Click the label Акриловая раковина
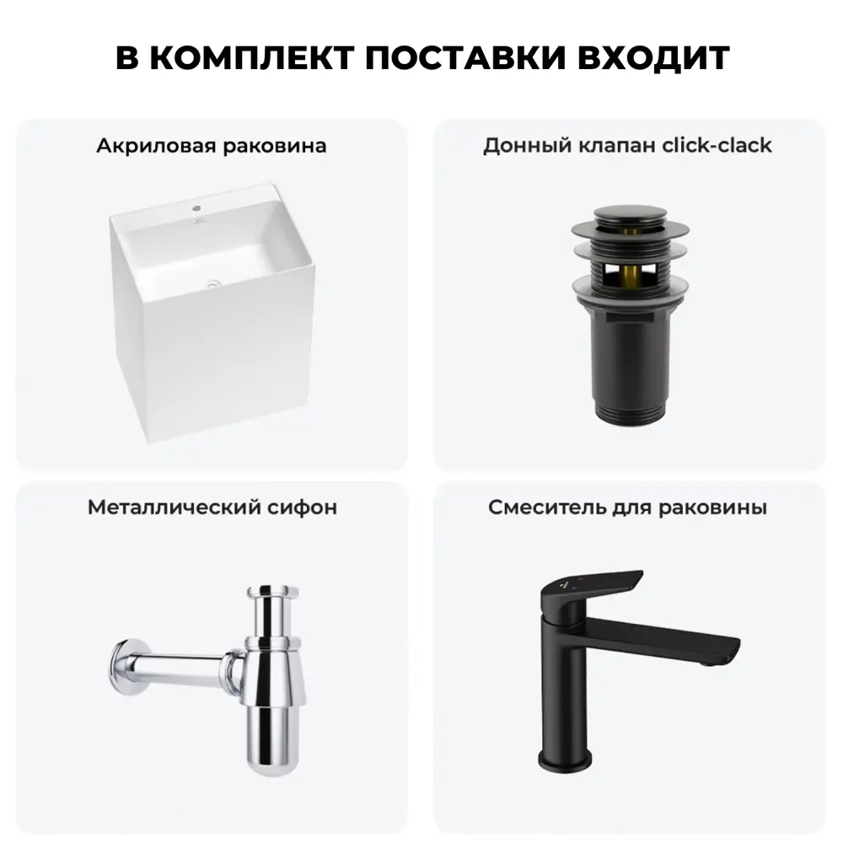[x=211, y=146]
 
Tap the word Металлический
[x=159, y=507]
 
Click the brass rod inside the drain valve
[x=628, y=271]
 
